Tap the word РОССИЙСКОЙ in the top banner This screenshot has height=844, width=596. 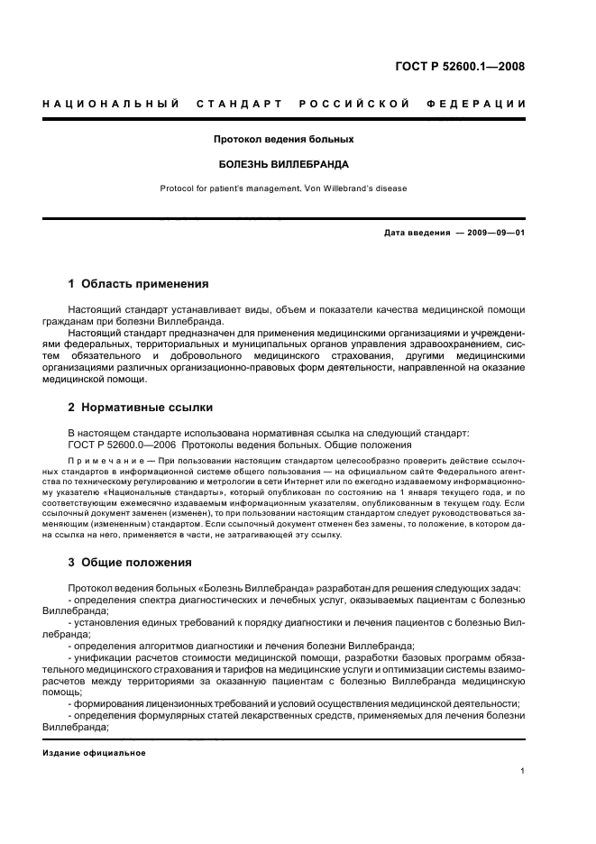[356, 104]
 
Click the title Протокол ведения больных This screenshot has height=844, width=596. [283, 140]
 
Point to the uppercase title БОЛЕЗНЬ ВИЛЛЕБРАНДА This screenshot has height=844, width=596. [283, 165]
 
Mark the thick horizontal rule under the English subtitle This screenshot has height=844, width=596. [283, 218]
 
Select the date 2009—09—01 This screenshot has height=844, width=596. [496, 233]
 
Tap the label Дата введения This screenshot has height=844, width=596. [417, 233]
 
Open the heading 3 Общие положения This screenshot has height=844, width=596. [130, 563]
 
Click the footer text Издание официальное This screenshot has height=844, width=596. [94, 753]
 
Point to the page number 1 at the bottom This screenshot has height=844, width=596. [523, 772]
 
